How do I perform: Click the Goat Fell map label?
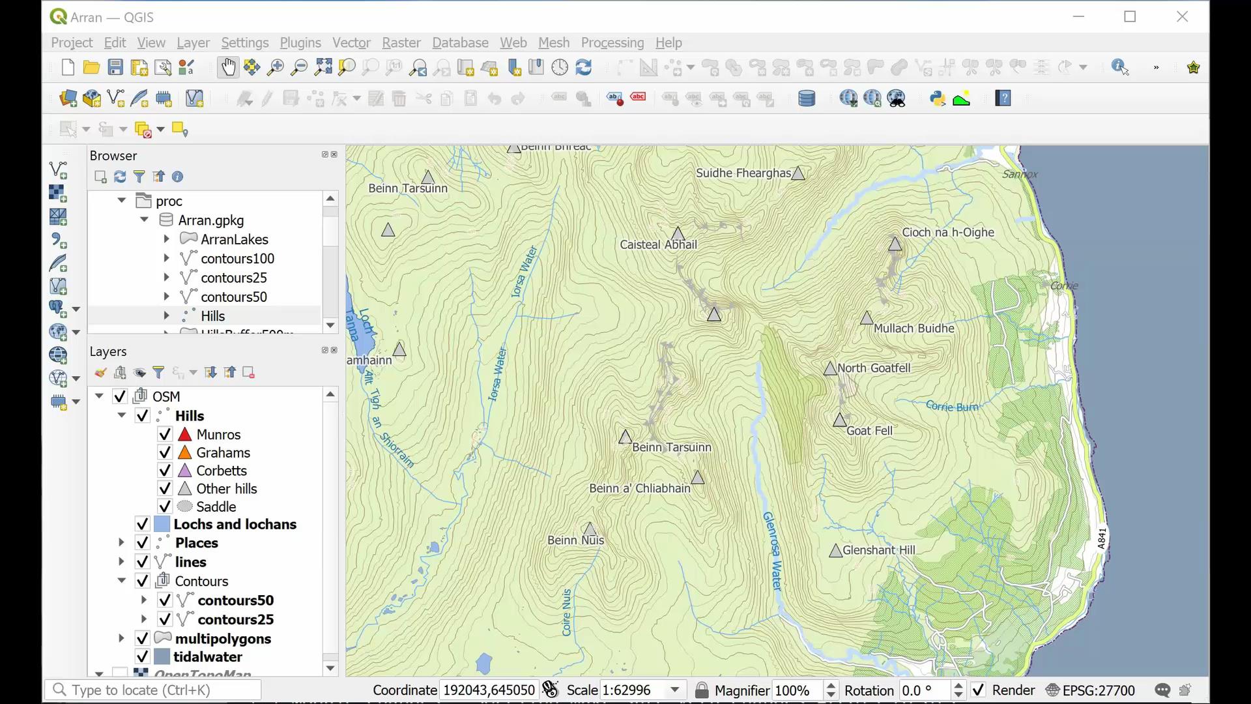click(x=869, y=430)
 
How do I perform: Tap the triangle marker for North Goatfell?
click(x=830, y=369)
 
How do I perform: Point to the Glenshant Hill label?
click(x=878, y=550)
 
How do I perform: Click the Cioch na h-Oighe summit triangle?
click(x=895, y=244)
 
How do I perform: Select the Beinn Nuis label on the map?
click(x=575, y=540)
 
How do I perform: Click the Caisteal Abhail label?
click(x=658, y=244)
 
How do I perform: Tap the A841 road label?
click(x=1102, y=538)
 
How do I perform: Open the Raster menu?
click(x=401, y=42)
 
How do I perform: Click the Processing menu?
click(x=612, y=42)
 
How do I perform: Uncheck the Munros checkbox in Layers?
click(x=165, y=434)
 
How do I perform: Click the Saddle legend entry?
click(x=216, y=506)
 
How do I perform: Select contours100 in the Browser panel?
click(x=237, y=259)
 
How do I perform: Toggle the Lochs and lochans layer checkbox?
click(x=142, y=524)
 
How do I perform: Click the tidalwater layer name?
click(x=207, y=656)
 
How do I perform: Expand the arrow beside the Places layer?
click(x=121, y=542)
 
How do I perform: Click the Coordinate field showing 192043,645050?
click(x=489, y=690)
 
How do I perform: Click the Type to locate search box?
click(x=154, y=690)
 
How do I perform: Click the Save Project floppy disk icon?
click(x=115, y=67)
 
